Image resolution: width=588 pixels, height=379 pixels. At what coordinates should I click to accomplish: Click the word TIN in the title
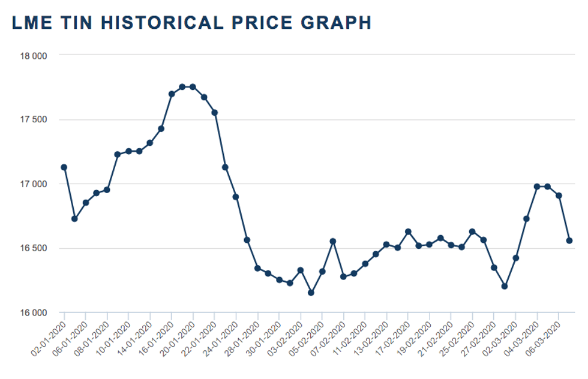point(77,23)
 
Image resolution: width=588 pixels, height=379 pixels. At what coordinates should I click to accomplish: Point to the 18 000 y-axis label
point(35,55)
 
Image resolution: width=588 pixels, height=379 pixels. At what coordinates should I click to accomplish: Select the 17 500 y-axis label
point(35,119)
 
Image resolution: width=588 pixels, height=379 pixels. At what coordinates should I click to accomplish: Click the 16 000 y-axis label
point(35,312)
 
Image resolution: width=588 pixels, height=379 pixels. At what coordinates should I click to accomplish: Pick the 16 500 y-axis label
point(35,248)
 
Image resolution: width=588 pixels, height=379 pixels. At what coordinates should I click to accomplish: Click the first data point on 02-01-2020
point(64,167)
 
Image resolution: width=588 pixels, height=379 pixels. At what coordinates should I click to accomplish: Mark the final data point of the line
point(569,240)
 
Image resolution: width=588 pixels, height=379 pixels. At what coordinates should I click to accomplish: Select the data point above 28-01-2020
point(257,268)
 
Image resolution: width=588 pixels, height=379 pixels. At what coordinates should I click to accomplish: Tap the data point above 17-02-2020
point(408,231)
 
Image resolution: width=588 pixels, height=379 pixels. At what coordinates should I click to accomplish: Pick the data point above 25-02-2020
point(472,231)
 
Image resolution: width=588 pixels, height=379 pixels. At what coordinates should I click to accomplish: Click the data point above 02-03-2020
point(515,258)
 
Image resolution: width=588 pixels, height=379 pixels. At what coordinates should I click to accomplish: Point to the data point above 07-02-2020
point(343,276)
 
